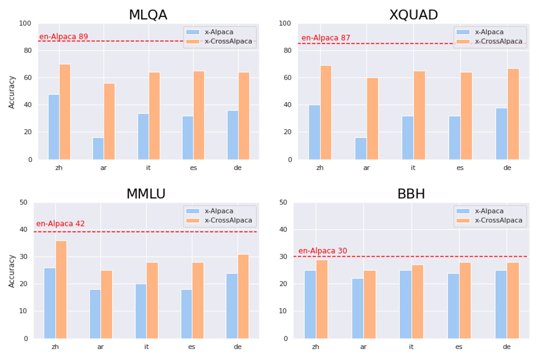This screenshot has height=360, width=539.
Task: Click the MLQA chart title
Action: click(148, 15)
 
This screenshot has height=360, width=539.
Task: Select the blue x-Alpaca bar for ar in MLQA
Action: click(98, 149)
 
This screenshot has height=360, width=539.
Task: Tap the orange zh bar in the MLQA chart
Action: click(65, 112)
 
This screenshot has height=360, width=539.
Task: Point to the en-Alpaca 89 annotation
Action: click(64, 36)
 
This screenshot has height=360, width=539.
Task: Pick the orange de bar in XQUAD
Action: click(513, 114)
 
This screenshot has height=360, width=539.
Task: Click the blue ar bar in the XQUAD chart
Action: click(361, 149)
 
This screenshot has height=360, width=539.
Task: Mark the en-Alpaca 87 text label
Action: click(326, 38)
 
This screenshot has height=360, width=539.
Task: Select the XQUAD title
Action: click(413, 15)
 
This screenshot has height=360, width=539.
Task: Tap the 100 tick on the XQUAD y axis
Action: click(285, 23)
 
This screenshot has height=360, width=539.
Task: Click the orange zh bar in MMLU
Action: click(61, 290)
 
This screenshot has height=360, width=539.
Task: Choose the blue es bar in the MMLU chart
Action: click(186, 314)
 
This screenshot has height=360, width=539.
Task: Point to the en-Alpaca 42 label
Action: click(60, 223)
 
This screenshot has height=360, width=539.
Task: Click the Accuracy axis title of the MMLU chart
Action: click(12, 271)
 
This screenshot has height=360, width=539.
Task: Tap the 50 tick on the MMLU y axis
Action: click(23, 202)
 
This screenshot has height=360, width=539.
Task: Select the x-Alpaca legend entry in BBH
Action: click(489, 211)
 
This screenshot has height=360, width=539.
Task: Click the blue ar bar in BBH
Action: click(358, 308)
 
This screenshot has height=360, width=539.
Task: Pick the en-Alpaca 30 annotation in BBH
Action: click(323, 251)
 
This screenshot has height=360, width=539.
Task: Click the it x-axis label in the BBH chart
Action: click(411, 347)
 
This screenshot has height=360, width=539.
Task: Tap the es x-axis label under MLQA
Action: click(193, 168)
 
